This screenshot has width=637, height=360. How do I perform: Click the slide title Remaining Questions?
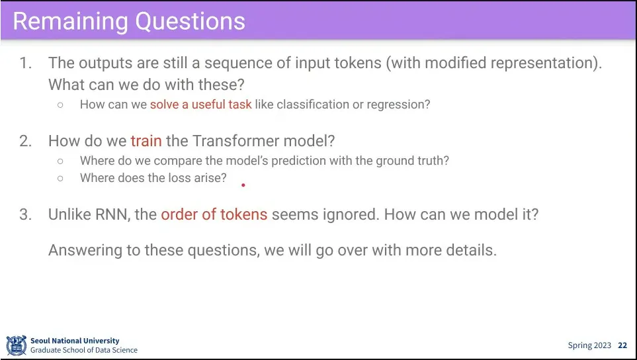point(129,21)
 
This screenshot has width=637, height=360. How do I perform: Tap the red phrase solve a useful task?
point(200,105)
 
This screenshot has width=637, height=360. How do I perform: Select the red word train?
point(146,140)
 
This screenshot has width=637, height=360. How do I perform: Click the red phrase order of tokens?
point(214,214)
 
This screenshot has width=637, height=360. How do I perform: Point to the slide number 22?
point(622,345)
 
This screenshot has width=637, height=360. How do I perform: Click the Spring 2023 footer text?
point(589,345)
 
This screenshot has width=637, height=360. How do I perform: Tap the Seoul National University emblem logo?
point(17,345)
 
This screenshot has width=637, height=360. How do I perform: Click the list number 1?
point(26,63)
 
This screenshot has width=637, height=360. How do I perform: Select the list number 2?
point(26,141)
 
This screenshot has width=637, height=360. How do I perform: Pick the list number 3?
point(26,214)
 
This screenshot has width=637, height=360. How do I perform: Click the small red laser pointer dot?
point(243,185)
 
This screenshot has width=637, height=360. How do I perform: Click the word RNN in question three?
point(112,214)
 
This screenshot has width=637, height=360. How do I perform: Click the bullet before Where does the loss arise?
point(60,178)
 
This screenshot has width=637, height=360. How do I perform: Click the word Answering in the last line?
point(85,250)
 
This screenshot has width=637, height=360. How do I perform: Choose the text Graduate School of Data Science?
point(84,350)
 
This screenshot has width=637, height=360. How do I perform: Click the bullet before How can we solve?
point(60,105)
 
